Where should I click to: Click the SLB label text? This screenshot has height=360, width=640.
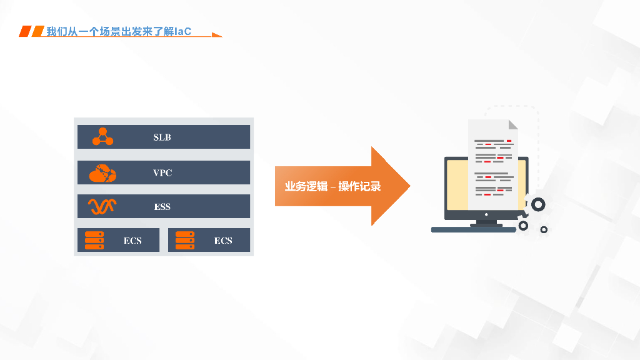(x=162, y=137)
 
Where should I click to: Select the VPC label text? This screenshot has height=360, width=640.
(x=162, y=173)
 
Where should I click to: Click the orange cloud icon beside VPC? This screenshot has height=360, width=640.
(x=102, y=173)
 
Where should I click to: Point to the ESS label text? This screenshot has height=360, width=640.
(x=162, y=207)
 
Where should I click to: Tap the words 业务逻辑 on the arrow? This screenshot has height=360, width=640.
(x=306, y=187)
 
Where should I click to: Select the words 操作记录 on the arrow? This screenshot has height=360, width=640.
(x=359, y=187)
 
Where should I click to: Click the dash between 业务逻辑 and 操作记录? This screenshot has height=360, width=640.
(x=333, y=187)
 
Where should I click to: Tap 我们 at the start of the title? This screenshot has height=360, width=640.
(x=57, y=31)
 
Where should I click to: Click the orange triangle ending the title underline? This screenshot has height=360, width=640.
(x=216, y=35)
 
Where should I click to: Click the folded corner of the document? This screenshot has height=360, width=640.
(x=512, y=124)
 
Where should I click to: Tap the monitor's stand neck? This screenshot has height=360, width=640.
(x=486, y=222)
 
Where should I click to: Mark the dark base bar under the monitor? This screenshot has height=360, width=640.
(x=473, y=230)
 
